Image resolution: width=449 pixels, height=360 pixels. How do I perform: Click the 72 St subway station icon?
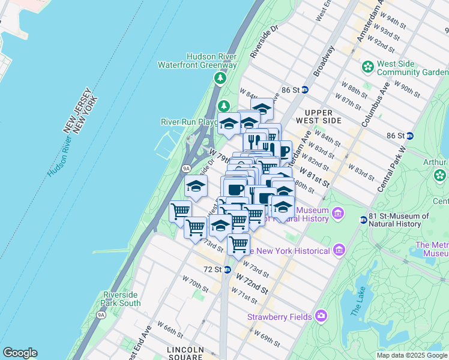pos(227,269)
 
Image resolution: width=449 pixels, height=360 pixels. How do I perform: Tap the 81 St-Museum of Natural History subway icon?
pos(363,220)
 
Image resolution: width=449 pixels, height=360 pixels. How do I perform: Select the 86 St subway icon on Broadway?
pos(304,90)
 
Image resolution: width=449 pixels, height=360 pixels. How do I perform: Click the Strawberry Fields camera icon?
pos(321,316)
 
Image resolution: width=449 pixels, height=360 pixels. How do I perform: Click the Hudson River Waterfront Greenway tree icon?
pos(220,77)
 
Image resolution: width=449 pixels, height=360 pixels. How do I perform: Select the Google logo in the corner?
pos(20,353)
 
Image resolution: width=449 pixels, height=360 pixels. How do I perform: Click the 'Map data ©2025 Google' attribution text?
pos(411,355)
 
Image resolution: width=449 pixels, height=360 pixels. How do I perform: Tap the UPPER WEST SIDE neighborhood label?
pos(323,116)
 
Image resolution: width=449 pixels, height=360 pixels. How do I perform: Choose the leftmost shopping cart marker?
pos(180,211)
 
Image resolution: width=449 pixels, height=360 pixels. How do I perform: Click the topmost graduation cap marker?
pos(262,109)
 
